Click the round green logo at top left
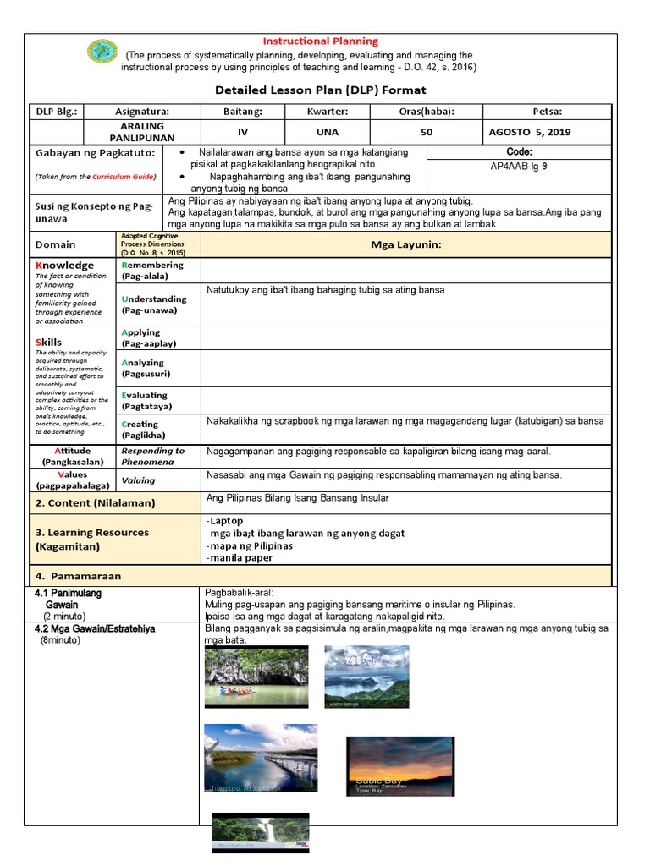tap(102, 52)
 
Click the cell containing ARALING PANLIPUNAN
tap(142, 132)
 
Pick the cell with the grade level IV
tap(242, 132)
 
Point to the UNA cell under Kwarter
tap(328, 132)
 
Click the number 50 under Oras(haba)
tap(427, 132)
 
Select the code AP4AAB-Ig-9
tap(519, 166)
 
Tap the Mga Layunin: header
tap(405, 244)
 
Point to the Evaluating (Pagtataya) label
tap(145, 400)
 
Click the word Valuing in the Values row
tap(138, 480)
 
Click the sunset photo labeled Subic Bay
tap(399, 765)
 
